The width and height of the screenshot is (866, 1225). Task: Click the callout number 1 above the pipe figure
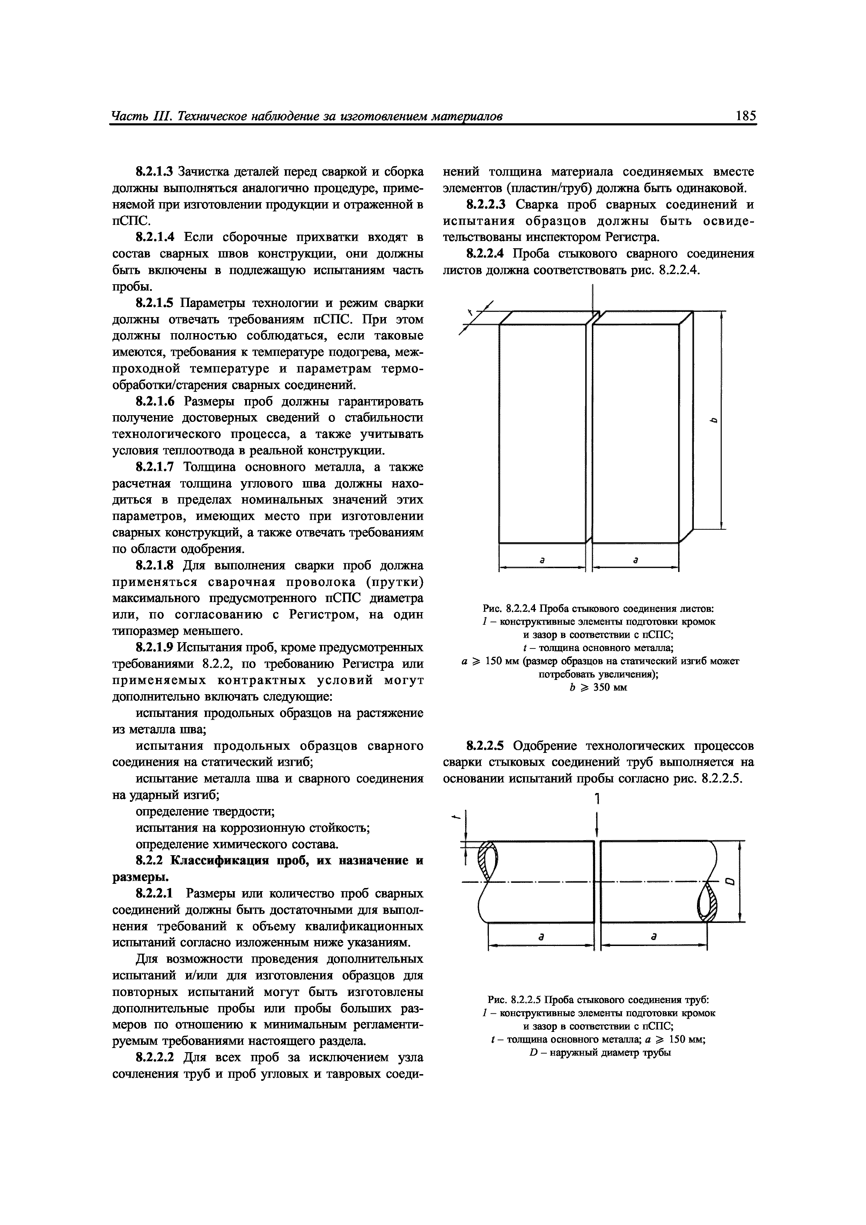click(x=597, y=799)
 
